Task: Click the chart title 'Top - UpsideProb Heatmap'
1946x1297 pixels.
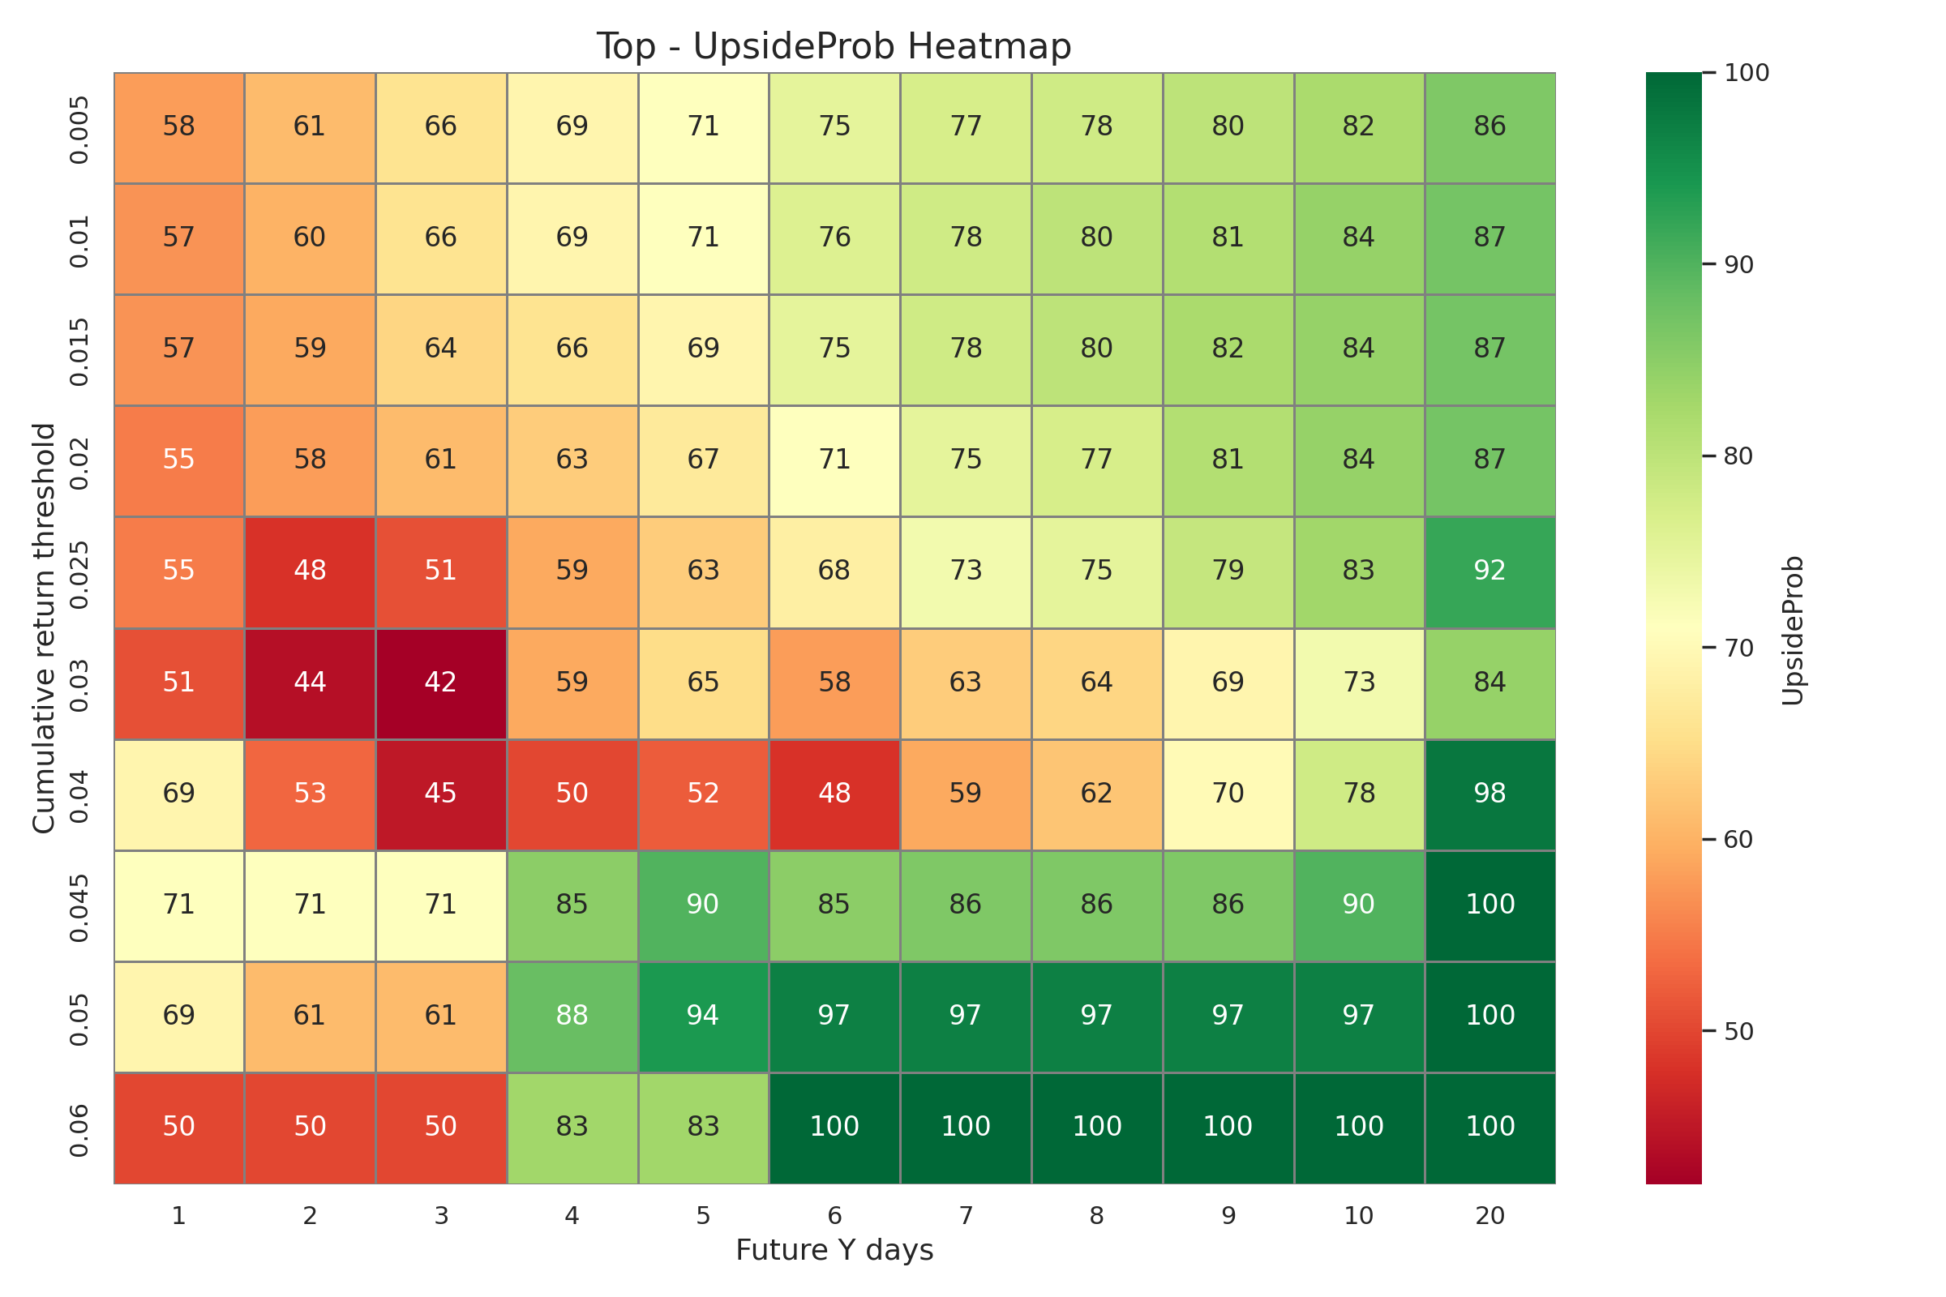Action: pos(834,47)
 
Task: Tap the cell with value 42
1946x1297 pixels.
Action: pos(441,683)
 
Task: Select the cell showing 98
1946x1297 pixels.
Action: pos(1490,794)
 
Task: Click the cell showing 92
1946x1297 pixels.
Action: pos(1490,571)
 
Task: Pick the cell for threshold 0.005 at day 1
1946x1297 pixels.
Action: pos(178,126)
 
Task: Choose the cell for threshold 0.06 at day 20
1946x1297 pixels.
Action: pos(1490,1127)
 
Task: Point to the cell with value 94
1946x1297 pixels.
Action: pos(702,1016)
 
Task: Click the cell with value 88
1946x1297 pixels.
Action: pos(572,1016)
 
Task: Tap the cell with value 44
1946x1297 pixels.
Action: pos(311,683)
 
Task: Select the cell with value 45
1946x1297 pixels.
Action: pos(441,794)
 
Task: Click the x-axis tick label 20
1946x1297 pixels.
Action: pos(1490,1216)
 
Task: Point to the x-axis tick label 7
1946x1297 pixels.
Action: pos(966,1216)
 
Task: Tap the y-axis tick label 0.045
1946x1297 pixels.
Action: pos(79,905)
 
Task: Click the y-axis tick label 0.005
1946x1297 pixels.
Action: pos(79,127)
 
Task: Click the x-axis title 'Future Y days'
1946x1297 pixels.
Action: pos(834,1250)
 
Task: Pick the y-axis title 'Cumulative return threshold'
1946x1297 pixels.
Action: pos(44,629)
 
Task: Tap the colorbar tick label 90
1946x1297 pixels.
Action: pos(1738,265)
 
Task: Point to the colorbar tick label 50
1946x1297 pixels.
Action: pos(1738,1031)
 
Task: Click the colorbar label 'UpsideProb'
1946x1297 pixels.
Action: pos(1792,631)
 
